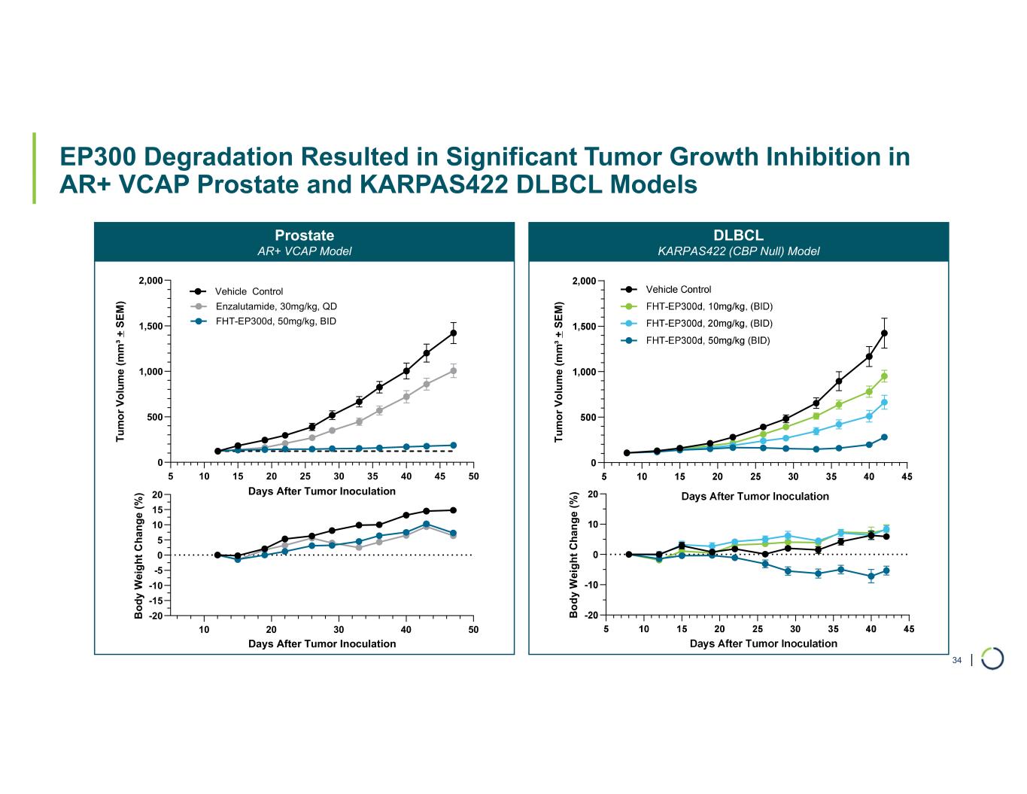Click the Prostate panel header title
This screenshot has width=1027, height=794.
pyautogui.click(x=304, y=236)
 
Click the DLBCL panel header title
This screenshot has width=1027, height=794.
pyautogui.click(x=738, y=236)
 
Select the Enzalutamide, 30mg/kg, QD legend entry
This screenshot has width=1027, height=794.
pyautogui.click(x=275, y=306)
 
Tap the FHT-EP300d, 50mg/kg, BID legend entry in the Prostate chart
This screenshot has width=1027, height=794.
pyautogui.click(x=275, y=321)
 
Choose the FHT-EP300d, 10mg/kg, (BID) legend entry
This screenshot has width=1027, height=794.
pyautogui.click(x=709, y=306)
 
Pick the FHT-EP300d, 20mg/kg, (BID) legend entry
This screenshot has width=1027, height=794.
pyautogui.click(x=709, y=324)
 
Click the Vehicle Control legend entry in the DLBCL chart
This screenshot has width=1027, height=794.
pyautogui.click(x=678, y=290)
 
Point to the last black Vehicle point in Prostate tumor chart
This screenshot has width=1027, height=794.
pyautogui.click(x=454, y=333)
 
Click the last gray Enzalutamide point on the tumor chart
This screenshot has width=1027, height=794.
pyautogui.click(x=454, y=370)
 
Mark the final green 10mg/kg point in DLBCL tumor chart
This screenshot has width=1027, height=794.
pyautogui.click(x=885, y=376)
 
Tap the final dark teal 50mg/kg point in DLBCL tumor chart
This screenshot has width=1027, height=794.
pyautogui.click(x=885, y=437)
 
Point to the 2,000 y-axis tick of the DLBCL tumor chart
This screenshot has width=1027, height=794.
pyautogui.click(x=584, y=281)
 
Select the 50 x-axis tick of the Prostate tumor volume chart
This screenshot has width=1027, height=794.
pyautogui.click(x=473, y=476)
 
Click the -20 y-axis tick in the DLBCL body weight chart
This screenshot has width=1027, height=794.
pyautogui.click(x=591, y=616)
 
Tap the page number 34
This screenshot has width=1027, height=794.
pyautogui.click(x=957, y=661)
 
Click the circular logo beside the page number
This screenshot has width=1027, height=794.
pyautogui.click(x=992, y=658)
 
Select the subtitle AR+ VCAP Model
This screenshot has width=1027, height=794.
pyautogui.click(x=304, y=251)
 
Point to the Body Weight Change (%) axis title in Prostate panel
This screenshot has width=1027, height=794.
pyautogui.click(x=139, y=556)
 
